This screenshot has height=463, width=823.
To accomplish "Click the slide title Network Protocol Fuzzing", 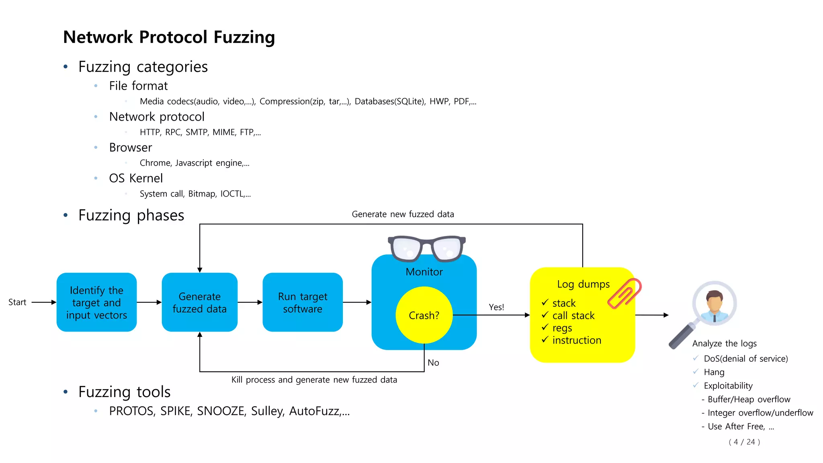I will pos(169,37).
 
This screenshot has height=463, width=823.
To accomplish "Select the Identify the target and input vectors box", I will pos(96,302).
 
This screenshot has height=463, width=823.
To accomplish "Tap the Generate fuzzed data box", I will pos(199,302).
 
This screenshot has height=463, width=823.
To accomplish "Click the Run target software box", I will pos(302,302).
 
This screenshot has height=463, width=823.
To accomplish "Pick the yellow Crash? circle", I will pos(424,315).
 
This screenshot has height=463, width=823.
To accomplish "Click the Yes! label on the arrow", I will pos(496,307).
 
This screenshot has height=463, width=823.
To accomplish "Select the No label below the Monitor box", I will pos(433,363).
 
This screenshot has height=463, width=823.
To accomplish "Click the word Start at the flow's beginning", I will pos(17,302).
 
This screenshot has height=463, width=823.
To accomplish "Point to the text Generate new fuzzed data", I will pos(403,214).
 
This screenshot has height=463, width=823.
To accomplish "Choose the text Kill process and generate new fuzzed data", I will pos(314,380).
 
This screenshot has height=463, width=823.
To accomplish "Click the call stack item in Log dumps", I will pos(573,315).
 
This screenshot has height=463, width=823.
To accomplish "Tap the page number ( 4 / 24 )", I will pos(744,442).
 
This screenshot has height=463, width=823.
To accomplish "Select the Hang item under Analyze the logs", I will pos(714,372).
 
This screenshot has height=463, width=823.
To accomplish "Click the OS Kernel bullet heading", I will pos(136,178).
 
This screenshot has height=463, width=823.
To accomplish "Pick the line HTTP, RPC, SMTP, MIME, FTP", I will pos(200,132).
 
